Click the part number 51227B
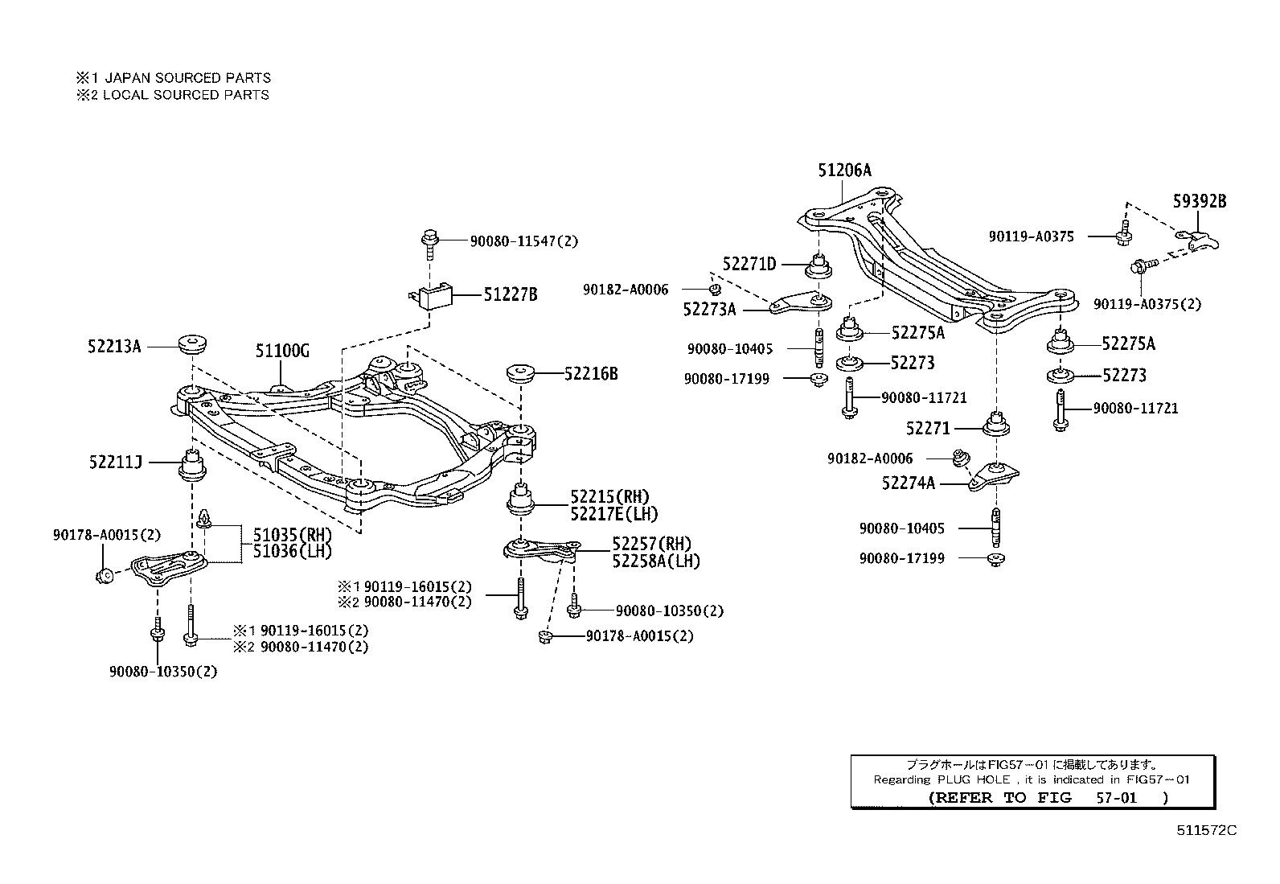[x=510, y=295]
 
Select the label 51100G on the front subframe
[x=282, y=352]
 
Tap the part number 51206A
[x=844, y=171]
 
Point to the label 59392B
[x=1199, y=202]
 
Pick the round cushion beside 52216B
[x=520, y=375]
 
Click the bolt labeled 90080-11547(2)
[x=428, y=241]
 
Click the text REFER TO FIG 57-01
[x=1047, y=797]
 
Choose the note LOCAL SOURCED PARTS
[x=186, y=95]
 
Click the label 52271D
[x=749, y=264]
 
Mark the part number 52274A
[x=908, y=483]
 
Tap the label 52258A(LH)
[x=655, y=561]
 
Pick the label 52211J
[x=115, y=462]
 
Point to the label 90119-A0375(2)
[x=1147, y=304]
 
